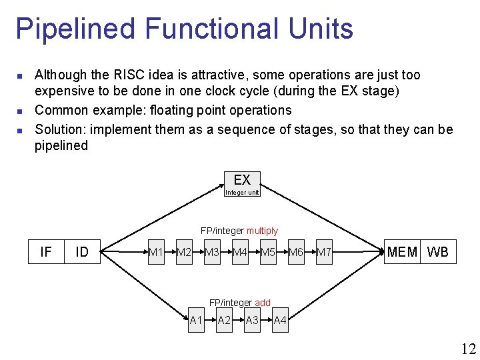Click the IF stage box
tap(45, 251)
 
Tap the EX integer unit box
tap(242, 184)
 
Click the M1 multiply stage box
tap(156, 252)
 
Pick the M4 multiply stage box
tap(240, 252)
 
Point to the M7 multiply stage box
tap(324, 252)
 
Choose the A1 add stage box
tap(196, 321)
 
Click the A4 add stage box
tap(280, 321)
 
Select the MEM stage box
tap(403, 252)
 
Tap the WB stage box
tap(438, 252)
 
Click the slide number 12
tap(467, 348)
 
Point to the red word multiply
tap(262, 231)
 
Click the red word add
tap(263, 303)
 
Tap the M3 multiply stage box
tap(212, 252)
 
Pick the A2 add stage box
tap(224, 321)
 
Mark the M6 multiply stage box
tap(296, 252)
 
